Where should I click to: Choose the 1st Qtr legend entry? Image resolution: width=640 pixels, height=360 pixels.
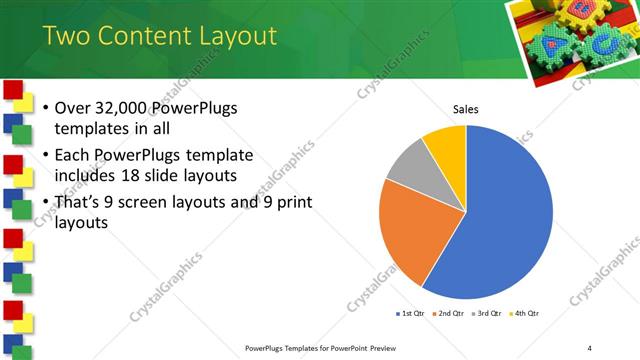[410, 313]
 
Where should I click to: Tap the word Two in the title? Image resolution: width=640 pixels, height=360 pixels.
[68, 37]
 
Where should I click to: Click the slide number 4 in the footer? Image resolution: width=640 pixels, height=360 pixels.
[589, 347]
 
